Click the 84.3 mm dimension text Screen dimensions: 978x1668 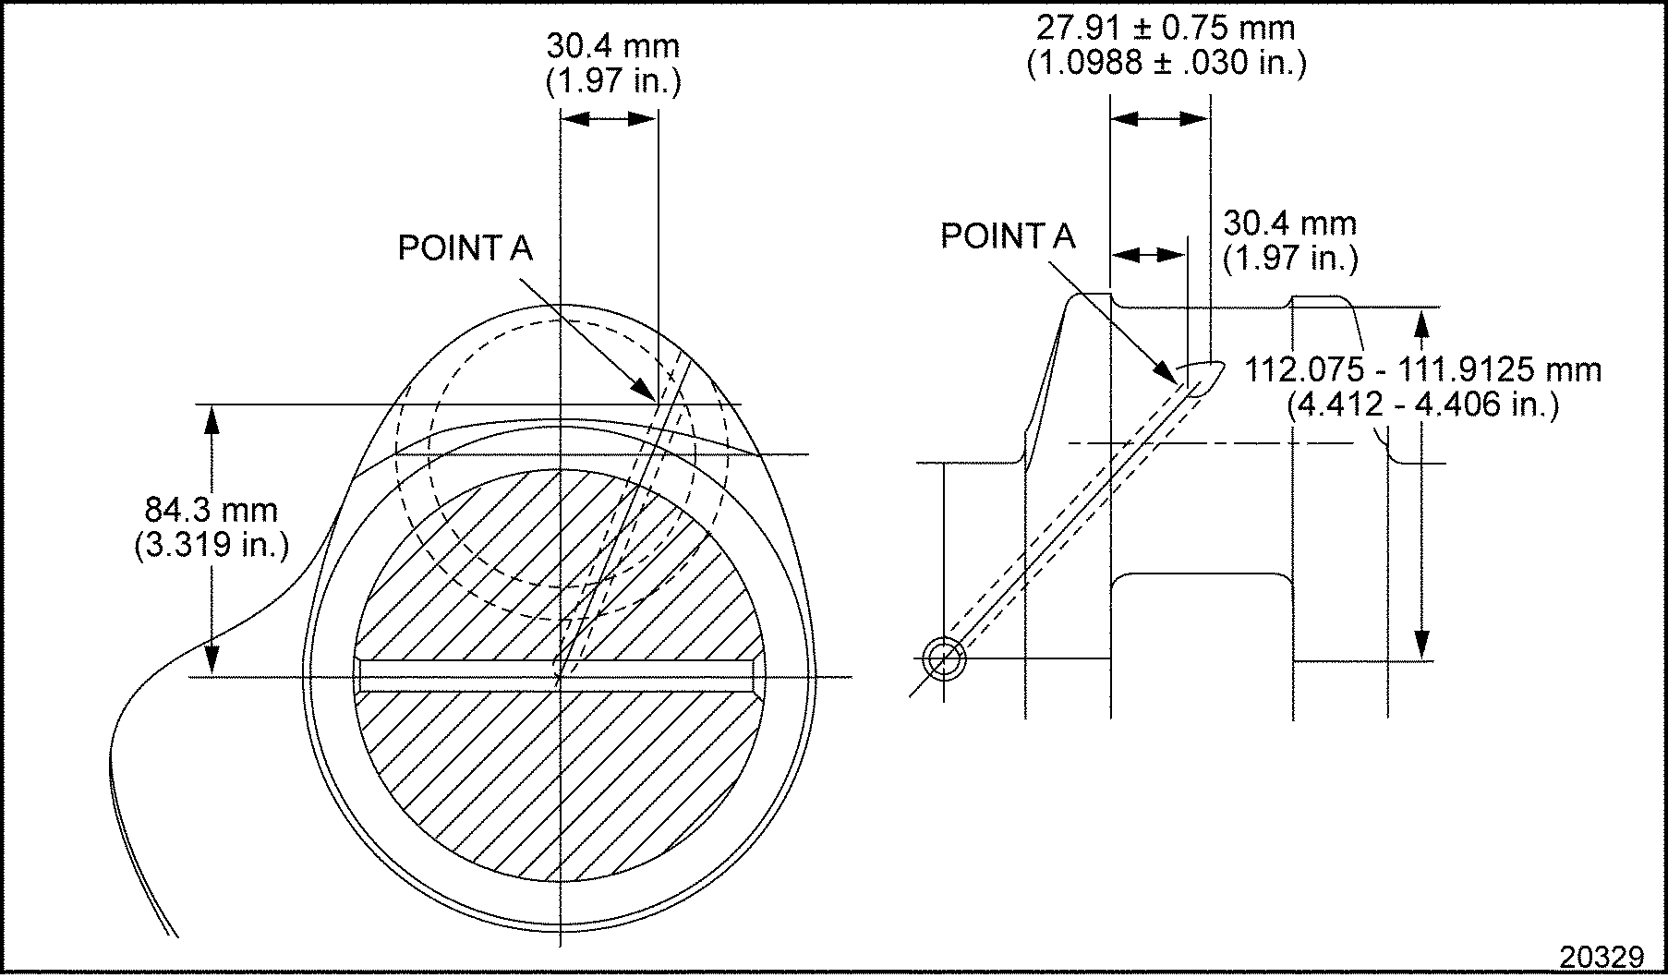click(x=212, y=510)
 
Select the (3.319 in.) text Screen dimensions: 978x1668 click(x=212, y=545)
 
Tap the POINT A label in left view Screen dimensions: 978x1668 click(x=465, y=248)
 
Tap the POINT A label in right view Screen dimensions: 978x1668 click(x=1008, y=236)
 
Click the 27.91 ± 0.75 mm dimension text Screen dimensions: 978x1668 click(x=1166, y=28)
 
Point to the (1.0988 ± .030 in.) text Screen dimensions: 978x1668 click(x=1166, y=64)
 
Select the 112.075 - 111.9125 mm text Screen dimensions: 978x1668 click(x=1422, y=369)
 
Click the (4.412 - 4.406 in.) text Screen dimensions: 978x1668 click(x=1422, y=404)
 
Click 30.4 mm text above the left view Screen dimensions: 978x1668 click(x=612, y=46)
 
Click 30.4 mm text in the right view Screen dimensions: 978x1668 click(x=1289, y=223)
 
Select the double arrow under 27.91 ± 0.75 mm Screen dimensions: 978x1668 click(x=1159, y=118)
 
